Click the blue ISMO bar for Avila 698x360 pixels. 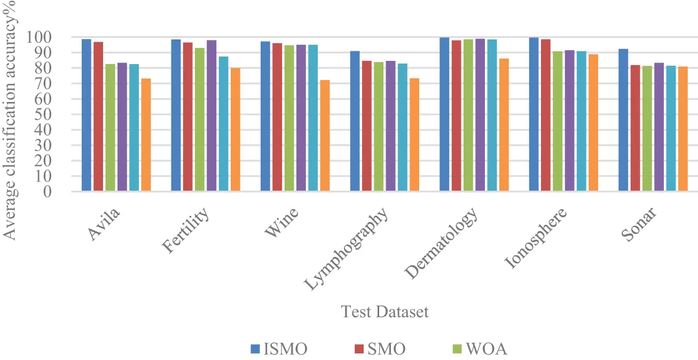click(x=86, y=115)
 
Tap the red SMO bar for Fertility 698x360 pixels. click(x=187, y=116)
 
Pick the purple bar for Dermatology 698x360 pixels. click(x=480, y=115)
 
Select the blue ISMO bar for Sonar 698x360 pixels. click(x=623, y=120)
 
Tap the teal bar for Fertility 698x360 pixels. click(x=223, y=124)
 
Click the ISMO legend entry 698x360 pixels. click(x=279, y=349)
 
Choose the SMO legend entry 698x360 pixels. click(x=379, y=349)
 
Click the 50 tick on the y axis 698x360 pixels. click(x=57, y=114)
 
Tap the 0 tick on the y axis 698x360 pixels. click(x=60, y=191)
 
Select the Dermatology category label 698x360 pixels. click(x=441, y=243)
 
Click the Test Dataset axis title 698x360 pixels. click(x=385, y=312)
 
